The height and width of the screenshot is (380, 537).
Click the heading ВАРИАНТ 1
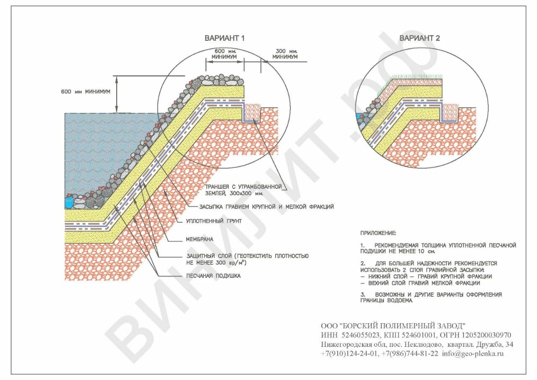[224, 38]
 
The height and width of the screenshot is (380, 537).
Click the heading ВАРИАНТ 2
[420, 38]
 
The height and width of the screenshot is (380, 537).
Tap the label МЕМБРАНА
[200, 239]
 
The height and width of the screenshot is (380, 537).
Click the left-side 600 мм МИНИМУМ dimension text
[86, 92]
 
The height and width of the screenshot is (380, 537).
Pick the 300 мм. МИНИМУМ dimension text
[285, 53]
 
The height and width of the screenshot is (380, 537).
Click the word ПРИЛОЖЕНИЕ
[378, 232]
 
